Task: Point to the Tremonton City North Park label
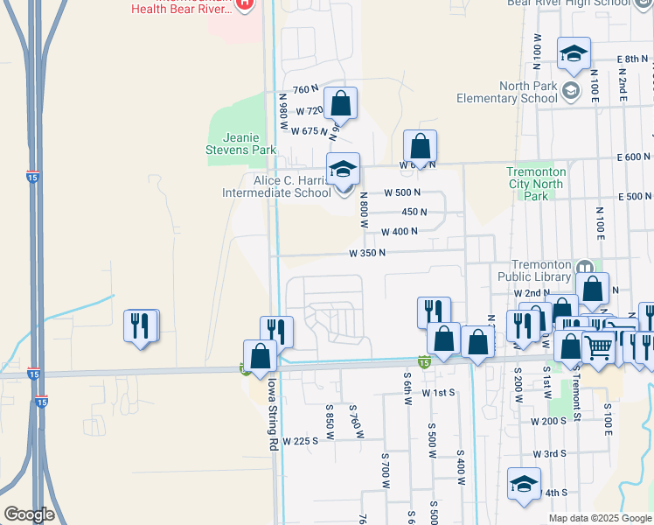coord(536,184)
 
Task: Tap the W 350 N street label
coord(367,253)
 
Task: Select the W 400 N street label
coord(399,231)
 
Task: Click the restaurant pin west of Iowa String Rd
coord(141,326)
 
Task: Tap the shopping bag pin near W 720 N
coord(341,103)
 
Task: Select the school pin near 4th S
coord(525,484)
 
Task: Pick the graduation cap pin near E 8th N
coord(574,55)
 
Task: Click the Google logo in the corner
coord(29,514)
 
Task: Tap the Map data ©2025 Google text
coord(599,518)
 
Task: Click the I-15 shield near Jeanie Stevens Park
coord(31,175)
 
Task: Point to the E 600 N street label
coord(633,157)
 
